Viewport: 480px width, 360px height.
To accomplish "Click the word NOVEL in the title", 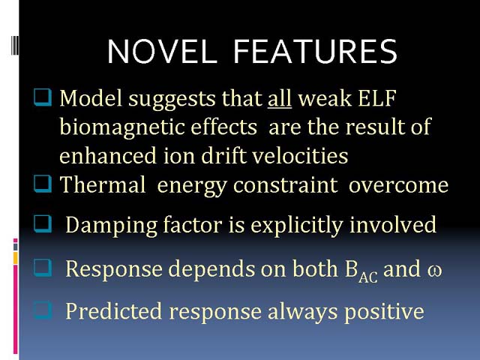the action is point(162,52).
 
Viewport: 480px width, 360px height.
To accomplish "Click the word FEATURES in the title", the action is point(315,52).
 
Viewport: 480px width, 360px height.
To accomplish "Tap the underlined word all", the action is point(280,98).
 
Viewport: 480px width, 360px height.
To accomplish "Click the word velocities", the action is point(300,155).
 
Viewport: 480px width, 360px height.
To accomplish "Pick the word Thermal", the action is point(103,184).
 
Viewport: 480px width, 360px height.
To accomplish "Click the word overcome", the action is point(398,185).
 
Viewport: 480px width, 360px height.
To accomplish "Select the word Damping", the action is point(112,226).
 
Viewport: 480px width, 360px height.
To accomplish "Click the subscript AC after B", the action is point(368,277).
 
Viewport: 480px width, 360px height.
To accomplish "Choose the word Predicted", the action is point(113,311).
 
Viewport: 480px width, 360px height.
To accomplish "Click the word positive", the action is point(384,312).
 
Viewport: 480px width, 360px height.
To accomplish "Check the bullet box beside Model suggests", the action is point(43,97).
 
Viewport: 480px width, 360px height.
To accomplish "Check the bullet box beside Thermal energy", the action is point(43,184).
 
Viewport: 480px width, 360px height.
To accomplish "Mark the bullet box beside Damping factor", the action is point(43,223).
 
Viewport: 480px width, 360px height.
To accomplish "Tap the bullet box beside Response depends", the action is point(43,268).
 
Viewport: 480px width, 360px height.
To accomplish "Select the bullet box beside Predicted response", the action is point(43,310).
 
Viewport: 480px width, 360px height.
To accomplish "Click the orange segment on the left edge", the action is point(16,258).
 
